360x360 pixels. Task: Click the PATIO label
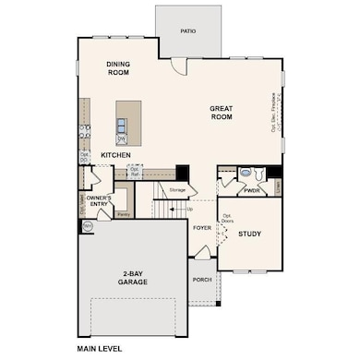188,30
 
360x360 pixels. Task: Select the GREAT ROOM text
221,113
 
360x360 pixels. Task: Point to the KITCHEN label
115,154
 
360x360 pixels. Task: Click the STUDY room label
249,234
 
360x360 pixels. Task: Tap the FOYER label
202,226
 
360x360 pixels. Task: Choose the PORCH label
202,279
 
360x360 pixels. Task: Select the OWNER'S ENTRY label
99,202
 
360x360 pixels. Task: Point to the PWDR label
252,190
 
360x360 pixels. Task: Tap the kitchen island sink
122,138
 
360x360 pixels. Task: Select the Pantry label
123,213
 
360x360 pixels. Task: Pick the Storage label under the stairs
177,190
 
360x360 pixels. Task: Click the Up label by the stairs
190,209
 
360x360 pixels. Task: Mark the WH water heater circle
87,225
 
